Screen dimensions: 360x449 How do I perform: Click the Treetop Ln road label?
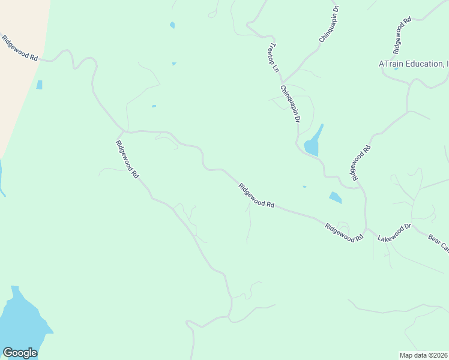click(x=274, y=58)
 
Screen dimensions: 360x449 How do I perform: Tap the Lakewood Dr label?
click(x=394, y=233)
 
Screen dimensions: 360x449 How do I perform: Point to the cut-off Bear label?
click(x=438, y=243)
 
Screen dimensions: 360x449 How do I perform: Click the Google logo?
click(x=20, y=353)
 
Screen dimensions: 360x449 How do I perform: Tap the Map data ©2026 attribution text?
click(x=424, y=355)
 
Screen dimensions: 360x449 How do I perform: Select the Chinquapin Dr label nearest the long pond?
click(x=290, y=103)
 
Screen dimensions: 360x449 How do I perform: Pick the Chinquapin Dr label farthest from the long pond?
click(x=329, y=24)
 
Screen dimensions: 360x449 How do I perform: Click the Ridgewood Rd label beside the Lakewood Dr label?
click(x=345, y=232)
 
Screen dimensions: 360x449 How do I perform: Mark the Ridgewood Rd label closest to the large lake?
click(x=127, y=159)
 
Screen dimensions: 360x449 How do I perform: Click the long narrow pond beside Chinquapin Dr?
click(x=313, y=144)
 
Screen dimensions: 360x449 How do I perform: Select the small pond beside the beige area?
click(x=40, y=85)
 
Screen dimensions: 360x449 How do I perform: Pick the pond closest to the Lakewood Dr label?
click(x=335, y=197)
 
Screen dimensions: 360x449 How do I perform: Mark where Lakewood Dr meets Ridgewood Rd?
click(x=367, y=229)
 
